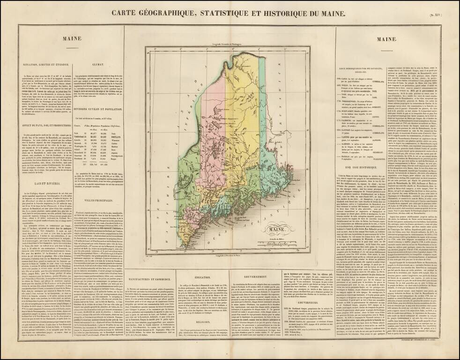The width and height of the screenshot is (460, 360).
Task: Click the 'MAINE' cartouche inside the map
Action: pyautogui.click(x=265, y=230)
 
